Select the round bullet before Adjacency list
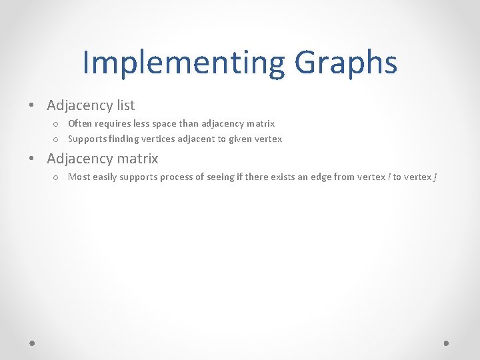[31, 105]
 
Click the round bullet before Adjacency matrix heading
[31, 159]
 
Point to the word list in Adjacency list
[124, 105]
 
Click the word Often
[80, 123]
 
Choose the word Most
[79, 177]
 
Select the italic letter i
[389, 177]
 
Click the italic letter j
[435, 177]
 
